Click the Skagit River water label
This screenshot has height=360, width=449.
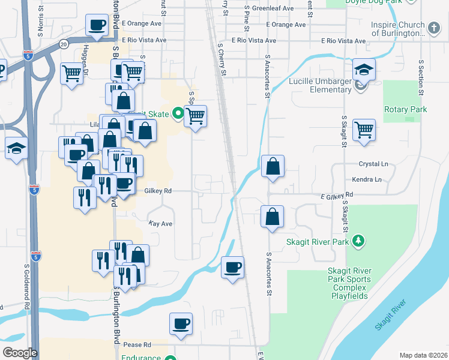point(391,316)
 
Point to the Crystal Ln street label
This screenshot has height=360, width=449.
point(373,164)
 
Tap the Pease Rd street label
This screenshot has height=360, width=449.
point(137,345)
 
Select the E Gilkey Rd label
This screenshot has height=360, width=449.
point(336,196)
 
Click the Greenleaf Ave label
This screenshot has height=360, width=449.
point(273,10)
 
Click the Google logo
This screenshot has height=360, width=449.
point(20,353)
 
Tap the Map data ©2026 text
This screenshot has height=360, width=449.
point(423,355)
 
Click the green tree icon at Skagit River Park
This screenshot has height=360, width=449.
point(358,241)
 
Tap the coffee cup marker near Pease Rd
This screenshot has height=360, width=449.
point(181,325)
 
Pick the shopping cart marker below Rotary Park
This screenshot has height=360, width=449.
point(364,129)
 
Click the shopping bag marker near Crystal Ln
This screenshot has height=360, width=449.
point(273,166)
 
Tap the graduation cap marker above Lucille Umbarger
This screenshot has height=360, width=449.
point(364,69)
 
